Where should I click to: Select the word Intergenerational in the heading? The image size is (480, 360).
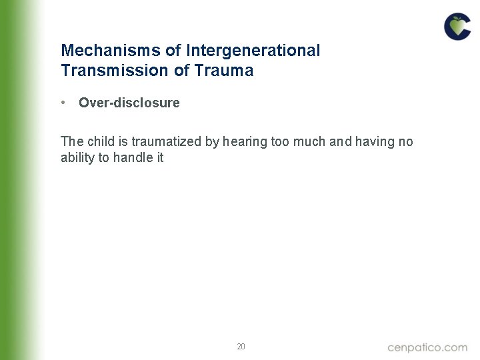(x=253, y=51)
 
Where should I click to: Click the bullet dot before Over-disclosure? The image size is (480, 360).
(x=62, y=103)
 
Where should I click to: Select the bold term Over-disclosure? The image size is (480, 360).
(x=129, y=103)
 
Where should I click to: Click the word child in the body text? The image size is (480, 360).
(x=95, y=141)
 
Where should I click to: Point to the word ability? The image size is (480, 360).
(x=77, y=158)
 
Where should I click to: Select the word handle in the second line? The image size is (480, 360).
(x=133, y=158)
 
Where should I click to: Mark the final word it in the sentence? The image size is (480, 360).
(x=160, y=158)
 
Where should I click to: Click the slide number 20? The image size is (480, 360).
(x=241, y=347)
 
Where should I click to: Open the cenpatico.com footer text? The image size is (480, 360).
(x=427, y=347)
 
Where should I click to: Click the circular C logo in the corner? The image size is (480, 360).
(x=457, y=27)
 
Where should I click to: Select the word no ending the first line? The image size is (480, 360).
(x=406, y=141)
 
